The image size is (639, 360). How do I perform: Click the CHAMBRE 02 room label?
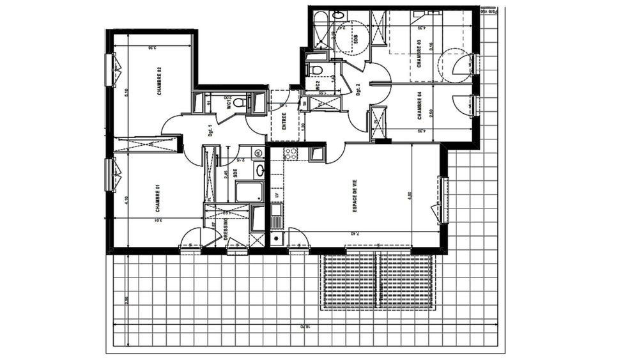[x=158, y=81]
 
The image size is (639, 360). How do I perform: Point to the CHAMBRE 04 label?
[x=419, y=106]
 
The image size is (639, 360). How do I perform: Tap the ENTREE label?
[x=284, y=122]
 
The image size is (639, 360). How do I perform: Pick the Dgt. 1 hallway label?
[x=210, y=130]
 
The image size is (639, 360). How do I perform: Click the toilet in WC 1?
[x=238, y=102]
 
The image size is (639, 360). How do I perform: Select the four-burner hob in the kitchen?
[x=291, y=153]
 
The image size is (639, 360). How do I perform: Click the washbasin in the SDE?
[x=260, y=170]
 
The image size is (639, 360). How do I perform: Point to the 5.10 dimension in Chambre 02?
[x=127, y=91]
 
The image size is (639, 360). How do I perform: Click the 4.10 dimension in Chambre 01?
[x=127, y=200]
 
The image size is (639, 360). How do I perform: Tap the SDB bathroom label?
[x=356, y=38]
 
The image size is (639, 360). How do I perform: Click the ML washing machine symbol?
[x=257, y=153]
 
